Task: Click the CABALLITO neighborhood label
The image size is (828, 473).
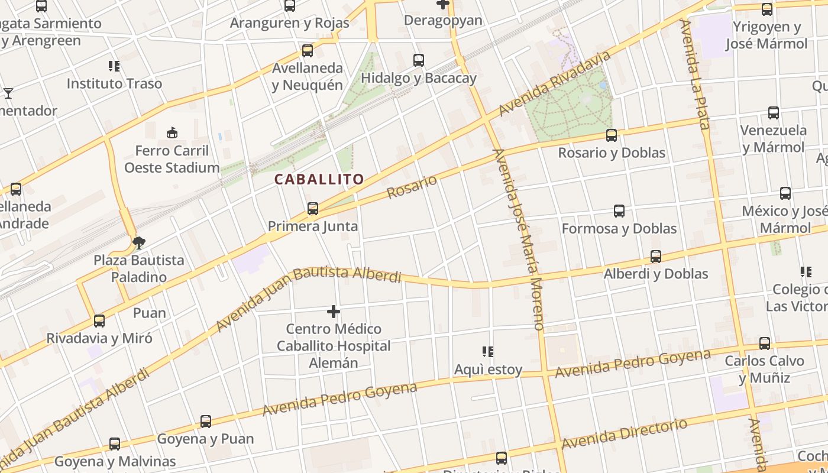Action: click(319, 179)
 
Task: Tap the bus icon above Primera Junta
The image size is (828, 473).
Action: click(313, 209)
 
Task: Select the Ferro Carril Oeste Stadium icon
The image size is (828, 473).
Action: click(172, 133)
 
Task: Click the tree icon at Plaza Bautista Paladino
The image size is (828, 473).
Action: click(139, 242)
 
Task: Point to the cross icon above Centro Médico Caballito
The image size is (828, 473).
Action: click(334, 311)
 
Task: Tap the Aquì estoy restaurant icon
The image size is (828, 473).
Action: click(488, 352)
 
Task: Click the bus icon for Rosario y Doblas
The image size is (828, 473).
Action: click(612, 135)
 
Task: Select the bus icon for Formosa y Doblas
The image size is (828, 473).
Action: click(619, 211)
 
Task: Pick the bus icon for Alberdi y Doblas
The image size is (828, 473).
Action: click(656, 257)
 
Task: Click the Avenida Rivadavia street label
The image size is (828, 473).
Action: click(554, 84)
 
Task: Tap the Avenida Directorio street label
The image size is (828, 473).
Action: click(625, 434)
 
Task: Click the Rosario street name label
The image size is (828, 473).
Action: click(412, 187)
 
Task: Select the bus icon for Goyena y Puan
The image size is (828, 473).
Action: click(206, 422)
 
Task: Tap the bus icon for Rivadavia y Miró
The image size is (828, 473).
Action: click(99, 321)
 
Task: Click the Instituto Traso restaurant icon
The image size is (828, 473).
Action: click(114, 66)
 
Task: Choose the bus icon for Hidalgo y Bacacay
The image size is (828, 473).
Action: click(419, 60)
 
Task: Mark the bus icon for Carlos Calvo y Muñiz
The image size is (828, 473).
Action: click(765, 344)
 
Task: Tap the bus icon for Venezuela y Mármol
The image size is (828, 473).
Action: click(773, 113)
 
